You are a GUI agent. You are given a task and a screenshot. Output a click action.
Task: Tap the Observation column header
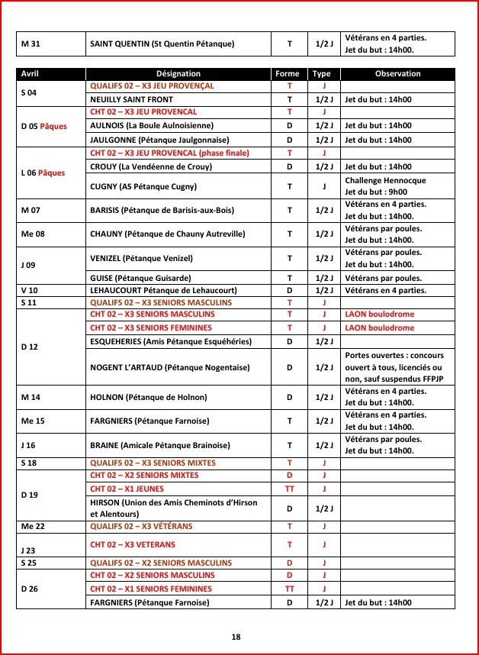(x=397, y=74)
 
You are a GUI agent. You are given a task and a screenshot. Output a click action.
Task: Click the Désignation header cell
(x=178, y=74)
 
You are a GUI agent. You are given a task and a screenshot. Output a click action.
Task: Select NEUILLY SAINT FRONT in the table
(x=132, y=99)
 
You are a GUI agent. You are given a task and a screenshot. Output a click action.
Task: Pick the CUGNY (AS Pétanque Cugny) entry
(x=143, y=186)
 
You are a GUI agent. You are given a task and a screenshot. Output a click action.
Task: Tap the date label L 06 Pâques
(x=43, y=173)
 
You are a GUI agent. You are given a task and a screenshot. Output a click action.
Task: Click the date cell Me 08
(x=33, y=234)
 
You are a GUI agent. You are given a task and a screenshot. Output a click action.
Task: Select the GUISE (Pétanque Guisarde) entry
(x=137, y=279)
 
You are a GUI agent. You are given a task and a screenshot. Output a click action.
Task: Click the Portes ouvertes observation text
(x=395, y=367)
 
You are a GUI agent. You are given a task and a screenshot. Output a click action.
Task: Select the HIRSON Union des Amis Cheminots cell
(x=174, y=508)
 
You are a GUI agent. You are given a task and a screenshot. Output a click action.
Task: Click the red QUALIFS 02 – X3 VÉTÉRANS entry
(x=141, y=527)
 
